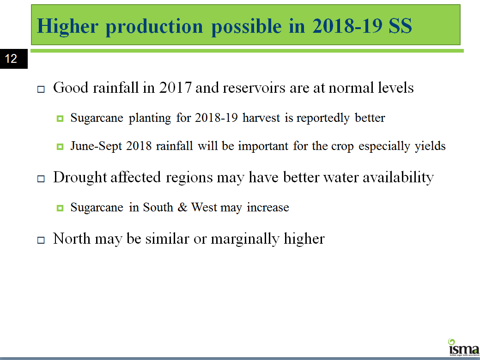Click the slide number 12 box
pos(14,59)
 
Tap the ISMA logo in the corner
pos(464,348)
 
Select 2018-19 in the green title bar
pos(347,26)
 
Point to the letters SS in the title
pos(400,26)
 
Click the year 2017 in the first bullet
pos(175,88)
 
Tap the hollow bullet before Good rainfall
pos(41,90)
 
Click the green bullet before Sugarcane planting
pos(60,118)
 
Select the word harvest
pos(261,118)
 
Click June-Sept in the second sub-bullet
pos(96,146)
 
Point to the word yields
pos(430,146)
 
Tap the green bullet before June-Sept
pos(60,147)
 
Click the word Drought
pos(79,178)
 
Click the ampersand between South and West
pos(182,207)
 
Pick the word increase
pos(268,208)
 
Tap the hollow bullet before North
pos(41,240)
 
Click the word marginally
pos(245,239)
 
